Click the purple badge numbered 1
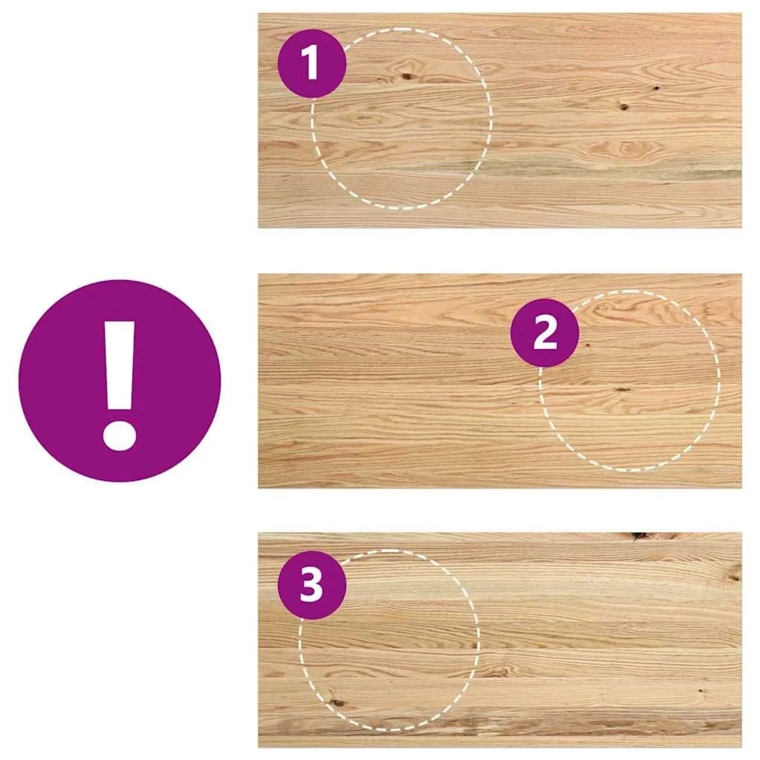312,63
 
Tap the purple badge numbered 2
544,332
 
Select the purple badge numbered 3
312,585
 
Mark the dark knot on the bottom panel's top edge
639,536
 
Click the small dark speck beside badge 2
588,345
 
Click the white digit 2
545,333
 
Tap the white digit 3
311,585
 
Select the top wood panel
500,121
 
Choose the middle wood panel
500,381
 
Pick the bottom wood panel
500,640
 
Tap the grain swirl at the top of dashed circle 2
608,308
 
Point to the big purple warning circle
120,381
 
